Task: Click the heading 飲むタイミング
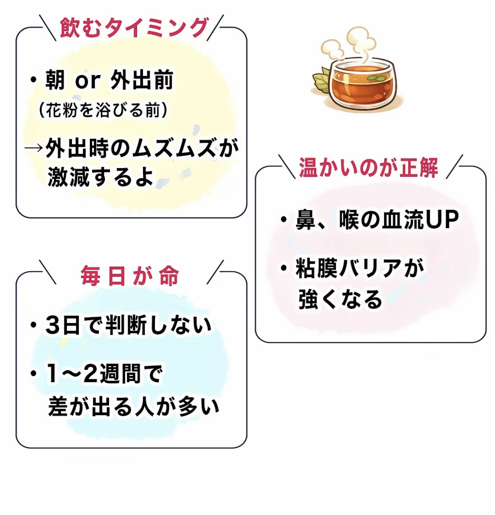[134, 28]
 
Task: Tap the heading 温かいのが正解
[368, 167]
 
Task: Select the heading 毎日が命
[130, 276]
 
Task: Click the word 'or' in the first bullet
[88, 81]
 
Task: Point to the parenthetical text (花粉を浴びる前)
[103, 110]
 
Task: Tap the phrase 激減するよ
[100, 176]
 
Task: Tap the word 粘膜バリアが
[360, 268]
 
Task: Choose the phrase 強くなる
[340, 299]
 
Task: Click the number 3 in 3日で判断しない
[53, 325]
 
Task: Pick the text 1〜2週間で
[104, 374]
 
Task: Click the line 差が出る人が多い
[134, 406]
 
